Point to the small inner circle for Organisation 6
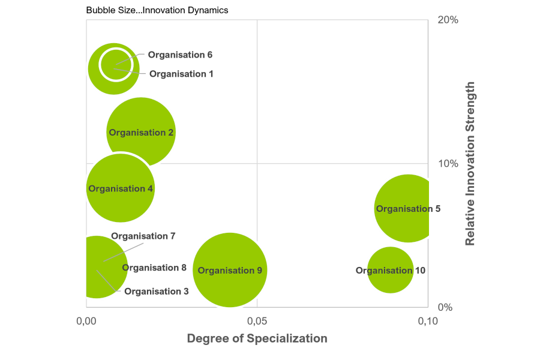(115, 64)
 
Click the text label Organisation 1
(181, 74)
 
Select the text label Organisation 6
(180, 55)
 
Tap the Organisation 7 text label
(143, 236)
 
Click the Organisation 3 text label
(157, 292)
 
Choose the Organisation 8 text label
(154, 268)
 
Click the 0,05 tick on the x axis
(257, 322)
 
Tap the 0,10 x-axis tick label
(428, 322)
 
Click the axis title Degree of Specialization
(257, 339)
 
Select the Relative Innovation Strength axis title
(470, 163)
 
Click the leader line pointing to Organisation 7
(124, 252)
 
